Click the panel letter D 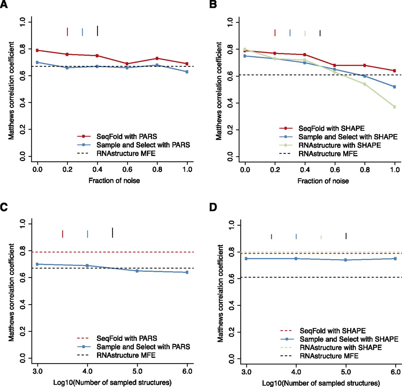213,207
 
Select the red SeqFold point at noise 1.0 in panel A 187,64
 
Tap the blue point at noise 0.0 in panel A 37,62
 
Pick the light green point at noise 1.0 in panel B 394,107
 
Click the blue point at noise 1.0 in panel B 394,87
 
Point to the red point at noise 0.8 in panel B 365,65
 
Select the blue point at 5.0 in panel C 137,271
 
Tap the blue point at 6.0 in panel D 395,259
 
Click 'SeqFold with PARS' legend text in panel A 127,137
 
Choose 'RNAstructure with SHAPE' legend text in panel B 340,145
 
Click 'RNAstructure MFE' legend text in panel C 126,355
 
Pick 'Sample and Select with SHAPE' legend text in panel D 349,339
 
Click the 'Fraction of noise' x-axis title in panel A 114,181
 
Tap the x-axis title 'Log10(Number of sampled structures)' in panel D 321,383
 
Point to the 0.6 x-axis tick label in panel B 335,170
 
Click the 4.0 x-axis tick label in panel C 87,372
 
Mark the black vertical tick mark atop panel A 97,31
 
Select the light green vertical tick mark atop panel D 321,237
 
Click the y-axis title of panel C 11,292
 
